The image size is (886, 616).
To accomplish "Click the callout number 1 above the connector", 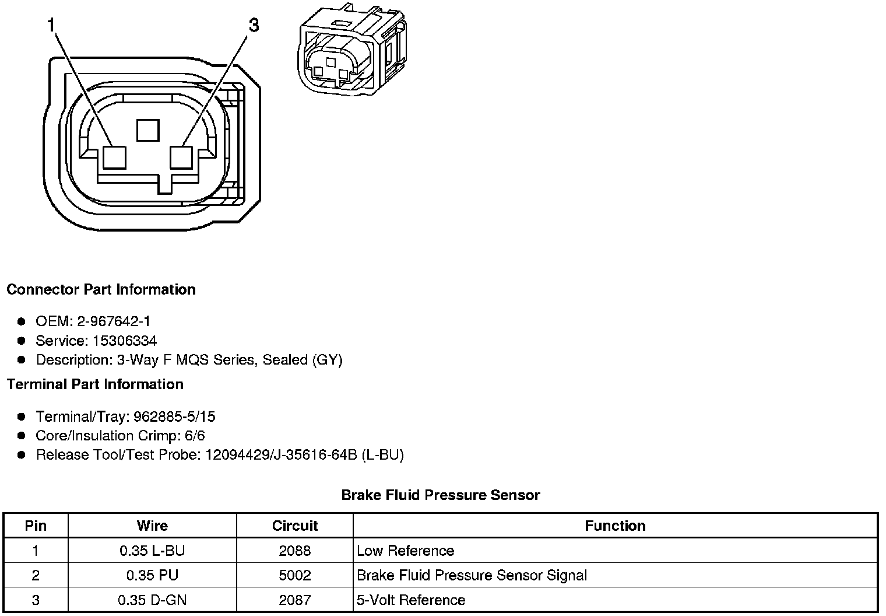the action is pos(51,26).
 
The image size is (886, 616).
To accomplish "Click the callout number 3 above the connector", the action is pos(254,26).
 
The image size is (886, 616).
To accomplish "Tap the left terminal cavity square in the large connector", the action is pos(114,157).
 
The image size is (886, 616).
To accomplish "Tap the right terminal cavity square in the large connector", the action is pos(181,157).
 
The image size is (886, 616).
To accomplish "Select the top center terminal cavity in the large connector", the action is pos(148,130).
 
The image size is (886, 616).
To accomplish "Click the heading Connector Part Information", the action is pos(101,290).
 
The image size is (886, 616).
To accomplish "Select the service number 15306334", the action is pos(125,341).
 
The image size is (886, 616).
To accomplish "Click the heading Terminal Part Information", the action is pos(95,384).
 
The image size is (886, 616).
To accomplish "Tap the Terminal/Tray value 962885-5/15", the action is pos(174,416).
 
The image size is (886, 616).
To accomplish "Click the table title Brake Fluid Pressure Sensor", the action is pos(441,495).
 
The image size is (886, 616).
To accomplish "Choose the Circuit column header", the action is pos(295,526).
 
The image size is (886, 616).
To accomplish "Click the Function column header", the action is pos(615,526).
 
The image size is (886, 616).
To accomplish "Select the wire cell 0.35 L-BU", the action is pos(152,551).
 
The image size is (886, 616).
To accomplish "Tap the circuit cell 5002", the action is pos(295,575).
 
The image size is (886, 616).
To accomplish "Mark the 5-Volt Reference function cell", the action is pos(411,600).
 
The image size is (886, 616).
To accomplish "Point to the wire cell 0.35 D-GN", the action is pos(152,600).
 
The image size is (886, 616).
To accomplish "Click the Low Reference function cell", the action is pos(405,551).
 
